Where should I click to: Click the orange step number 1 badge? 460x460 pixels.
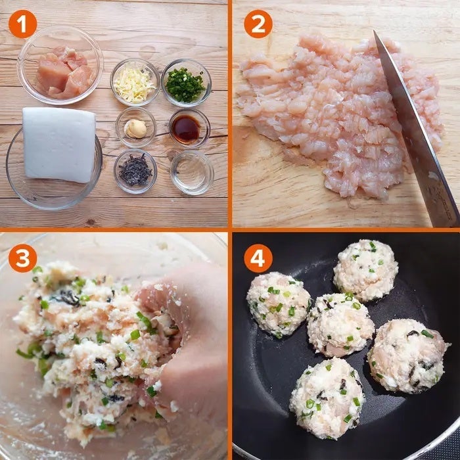pyautogui.click(x=22, y=24)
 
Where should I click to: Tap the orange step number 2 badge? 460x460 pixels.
pyautogui.click(x=258, y=24)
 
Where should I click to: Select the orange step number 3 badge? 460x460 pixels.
pyautogui.click(x=22, y=258)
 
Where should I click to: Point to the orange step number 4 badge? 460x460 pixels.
pyautogui.click(x=258, y=258)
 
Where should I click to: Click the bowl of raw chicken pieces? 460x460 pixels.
pyautogui.click(x=60, y=65)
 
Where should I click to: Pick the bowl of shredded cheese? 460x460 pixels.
pyautogui.click(x=135, y=82)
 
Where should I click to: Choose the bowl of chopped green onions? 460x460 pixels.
pyautogui.click(x=186, y=83)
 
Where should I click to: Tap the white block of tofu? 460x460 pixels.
pyautogui.click(x=59, y=145)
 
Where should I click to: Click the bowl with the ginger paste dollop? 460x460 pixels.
pyautogui.click(x=135, y=127)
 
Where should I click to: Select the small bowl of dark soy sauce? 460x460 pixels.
pyautogui.click(x=189, y=129)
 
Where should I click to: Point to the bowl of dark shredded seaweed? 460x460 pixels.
pyautogui.click(x=135, y=172)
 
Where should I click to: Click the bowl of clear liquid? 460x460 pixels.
pyautogui.click(x=192, y=172)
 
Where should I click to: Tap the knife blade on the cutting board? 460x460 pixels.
pyautogui.click(x=417, y=129)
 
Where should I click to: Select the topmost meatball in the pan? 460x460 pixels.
pyautogui.click(x=366, y=270)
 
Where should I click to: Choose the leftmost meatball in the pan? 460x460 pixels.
pyautogui.click(x=279, y=304)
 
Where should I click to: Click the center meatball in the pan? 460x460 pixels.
pyautogui.click(x=340, y=325)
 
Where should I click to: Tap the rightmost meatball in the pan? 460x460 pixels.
pyautogui.click(x=408, y=356)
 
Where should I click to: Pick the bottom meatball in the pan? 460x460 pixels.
pyautogui.click(x=327, y=398)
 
